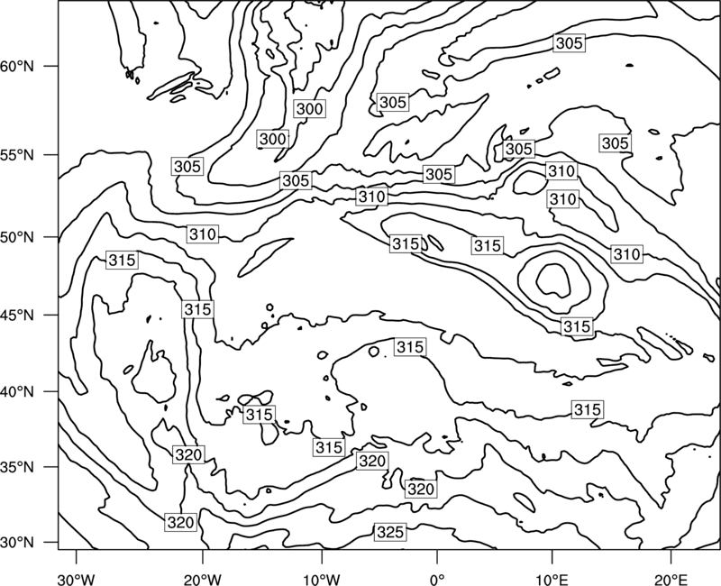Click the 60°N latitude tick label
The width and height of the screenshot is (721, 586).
point(17,66)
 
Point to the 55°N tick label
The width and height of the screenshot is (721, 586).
point(17,154)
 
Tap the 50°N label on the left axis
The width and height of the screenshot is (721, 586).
point(17,237)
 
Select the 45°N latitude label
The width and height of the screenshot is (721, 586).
point(17,315)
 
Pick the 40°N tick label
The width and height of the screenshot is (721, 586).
point(17,392)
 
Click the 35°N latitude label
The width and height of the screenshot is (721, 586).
point(17,467)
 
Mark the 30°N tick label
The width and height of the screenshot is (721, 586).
point(17,543)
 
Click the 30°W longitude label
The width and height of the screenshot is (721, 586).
point(77,579)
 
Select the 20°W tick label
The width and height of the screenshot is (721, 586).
point(203,579)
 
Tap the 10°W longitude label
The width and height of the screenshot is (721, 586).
point(322,579)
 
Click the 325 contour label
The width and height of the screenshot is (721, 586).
point(390,532)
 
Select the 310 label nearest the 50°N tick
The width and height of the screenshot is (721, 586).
point(202,234)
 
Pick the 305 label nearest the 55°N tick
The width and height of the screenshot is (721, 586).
point(187,166)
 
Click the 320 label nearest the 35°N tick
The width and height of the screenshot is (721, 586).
point(188,454)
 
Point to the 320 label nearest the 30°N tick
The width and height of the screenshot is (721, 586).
point(181,522)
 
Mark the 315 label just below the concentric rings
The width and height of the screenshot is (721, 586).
point(577,326)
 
